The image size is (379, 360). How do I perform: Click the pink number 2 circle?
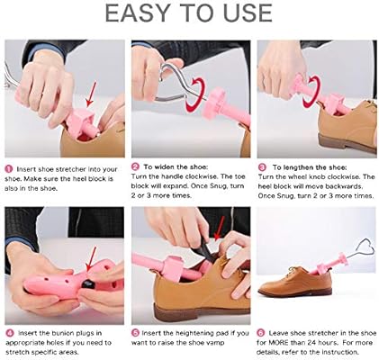(x=135, y=167)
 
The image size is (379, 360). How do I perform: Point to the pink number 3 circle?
(x=262, y=167)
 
